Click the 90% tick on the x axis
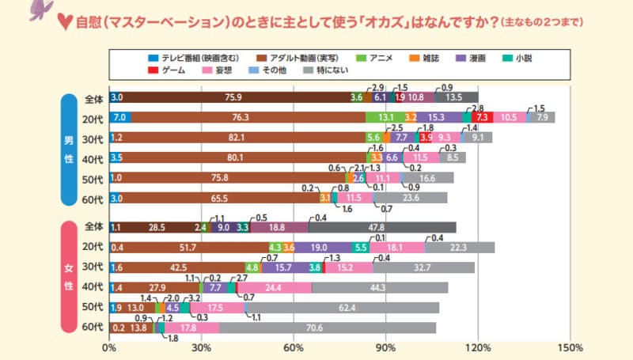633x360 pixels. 385,347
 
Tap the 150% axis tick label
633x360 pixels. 570,347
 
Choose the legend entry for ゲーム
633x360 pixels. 168,71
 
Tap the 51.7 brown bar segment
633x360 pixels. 190,248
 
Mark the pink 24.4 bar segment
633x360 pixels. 274,287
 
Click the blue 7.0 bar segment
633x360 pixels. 120,117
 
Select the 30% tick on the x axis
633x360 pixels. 202,347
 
